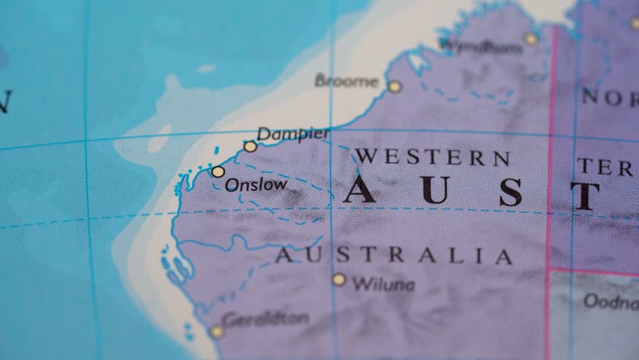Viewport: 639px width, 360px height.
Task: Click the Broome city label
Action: point(347,80)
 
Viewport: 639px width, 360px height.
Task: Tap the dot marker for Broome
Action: point(394,87)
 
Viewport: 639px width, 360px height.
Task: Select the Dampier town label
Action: point(293,134)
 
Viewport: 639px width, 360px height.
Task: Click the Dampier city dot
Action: point(250,146)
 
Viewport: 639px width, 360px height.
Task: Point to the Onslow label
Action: point(256,184)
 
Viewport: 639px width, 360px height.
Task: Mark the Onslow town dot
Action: point(217,172)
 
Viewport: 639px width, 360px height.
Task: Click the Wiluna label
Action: point(383,284)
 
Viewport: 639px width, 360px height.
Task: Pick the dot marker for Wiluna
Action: point(339,280)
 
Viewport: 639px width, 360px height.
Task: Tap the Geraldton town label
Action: point(265,319)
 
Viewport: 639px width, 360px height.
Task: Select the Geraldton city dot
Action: point(217,331)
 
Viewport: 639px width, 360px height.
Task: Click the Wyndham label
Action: point(481,46)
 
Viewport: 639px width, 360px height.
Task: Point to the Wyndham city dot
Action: point(531,39)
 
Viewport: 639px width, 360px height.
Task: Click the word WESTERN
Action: point(433,157)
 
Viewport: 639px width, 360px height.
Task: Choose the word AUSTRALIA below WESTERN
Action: point(394,256)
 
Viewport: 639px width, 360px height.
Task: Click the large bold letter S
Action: point(511,193)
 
